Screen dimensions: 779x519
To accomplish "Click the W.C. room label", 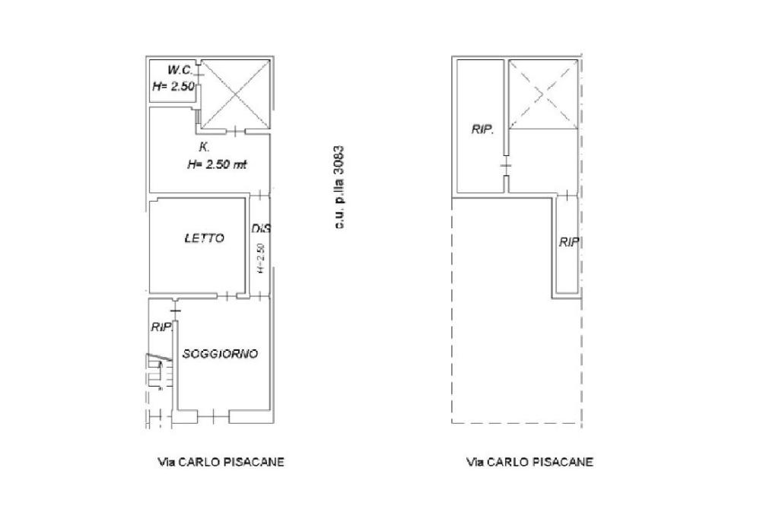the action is (x=179, y=69).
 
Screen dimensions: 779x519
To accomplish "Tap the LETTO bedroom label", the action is (x=204, y=238).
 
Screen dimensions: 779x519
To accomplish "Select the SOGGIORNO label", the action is (x=220, y=354).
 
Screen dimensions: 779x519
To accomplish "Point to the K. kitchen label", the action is (x=204, y=147).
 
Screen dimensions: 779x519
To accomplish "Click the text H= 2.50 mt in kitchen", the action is (x=217, y=164).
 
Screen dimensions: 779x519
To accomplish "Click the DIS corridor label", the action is (x=261, y=228).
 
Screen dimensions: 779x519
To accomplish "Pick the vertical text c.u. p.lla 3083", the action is (x=339, y=187).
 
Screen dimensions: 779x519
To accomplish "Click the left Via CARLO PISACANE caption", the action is (x=221, y=463).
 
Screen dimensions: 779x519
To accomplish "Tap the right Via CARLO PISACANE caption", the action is (x=529, y=463).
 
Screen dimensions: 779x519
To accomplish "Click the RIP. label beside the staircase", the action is (x=161, y=327).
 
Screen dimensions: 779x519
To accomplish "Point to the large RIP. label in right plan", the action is (x=482, y=130).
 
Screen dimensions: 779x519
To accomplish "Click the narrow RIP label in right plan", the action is (x=569, y=242).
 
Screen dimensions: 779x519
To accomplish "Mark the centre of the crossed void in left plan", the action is (x=236, y=94).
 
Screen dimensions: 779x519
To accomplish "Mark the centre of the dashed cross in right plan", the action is (x=543, y=94).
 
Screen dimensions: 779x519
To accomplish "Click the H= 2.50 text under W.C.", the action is (x=173, y=87).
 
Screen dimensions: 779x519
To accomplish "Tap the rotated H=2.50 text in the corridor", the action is (x=262, y=258).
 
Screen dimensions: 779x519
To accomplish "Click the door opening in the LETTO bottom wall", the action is (x=227, y=296).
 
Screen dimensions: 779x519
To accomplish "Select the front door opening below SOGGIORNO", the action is (x=213, y=416).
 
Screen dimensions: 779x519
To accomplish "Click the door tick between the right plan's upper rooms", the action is (x=506, y=165).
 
